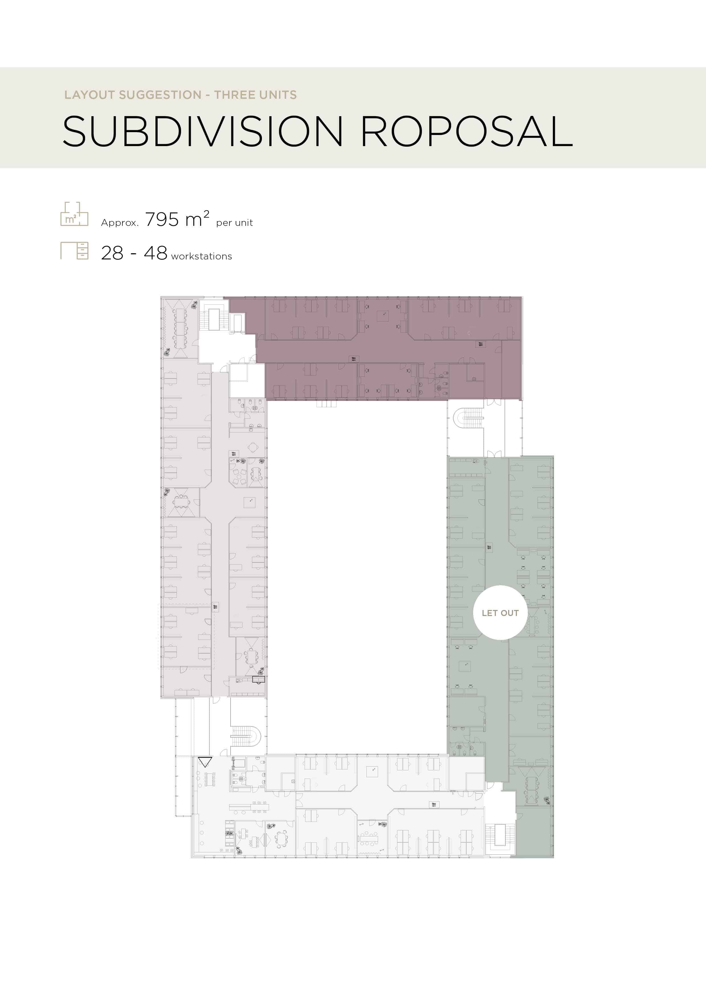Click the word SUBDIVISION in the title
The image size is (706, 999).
click(x=203, y=131)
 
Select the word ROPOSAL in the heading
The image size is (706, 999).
click(x=467, y=131)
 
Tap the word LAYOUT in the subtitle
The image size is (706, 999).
click(x=89, y=95)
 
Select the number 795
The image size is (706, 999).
click(x=162, y=220)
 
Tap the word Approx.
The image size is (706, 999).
click(x=120, y=223)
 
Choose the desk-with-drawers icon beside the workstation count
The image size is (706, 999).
click(x=74, y=251)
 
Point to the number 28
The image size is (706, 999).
click(x=112, y=253)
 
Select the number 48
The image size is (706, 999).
click(x=155, y=253)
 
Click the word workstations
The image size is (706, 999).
click(x=201, y=256)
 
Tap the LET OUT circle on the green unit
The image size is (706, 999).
click(x=500, y=613)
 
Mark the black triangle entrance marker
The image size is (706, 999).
click(x=205, y=762)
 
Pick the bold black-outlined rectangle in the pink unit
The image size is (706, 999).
click(x=258, y=679)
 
